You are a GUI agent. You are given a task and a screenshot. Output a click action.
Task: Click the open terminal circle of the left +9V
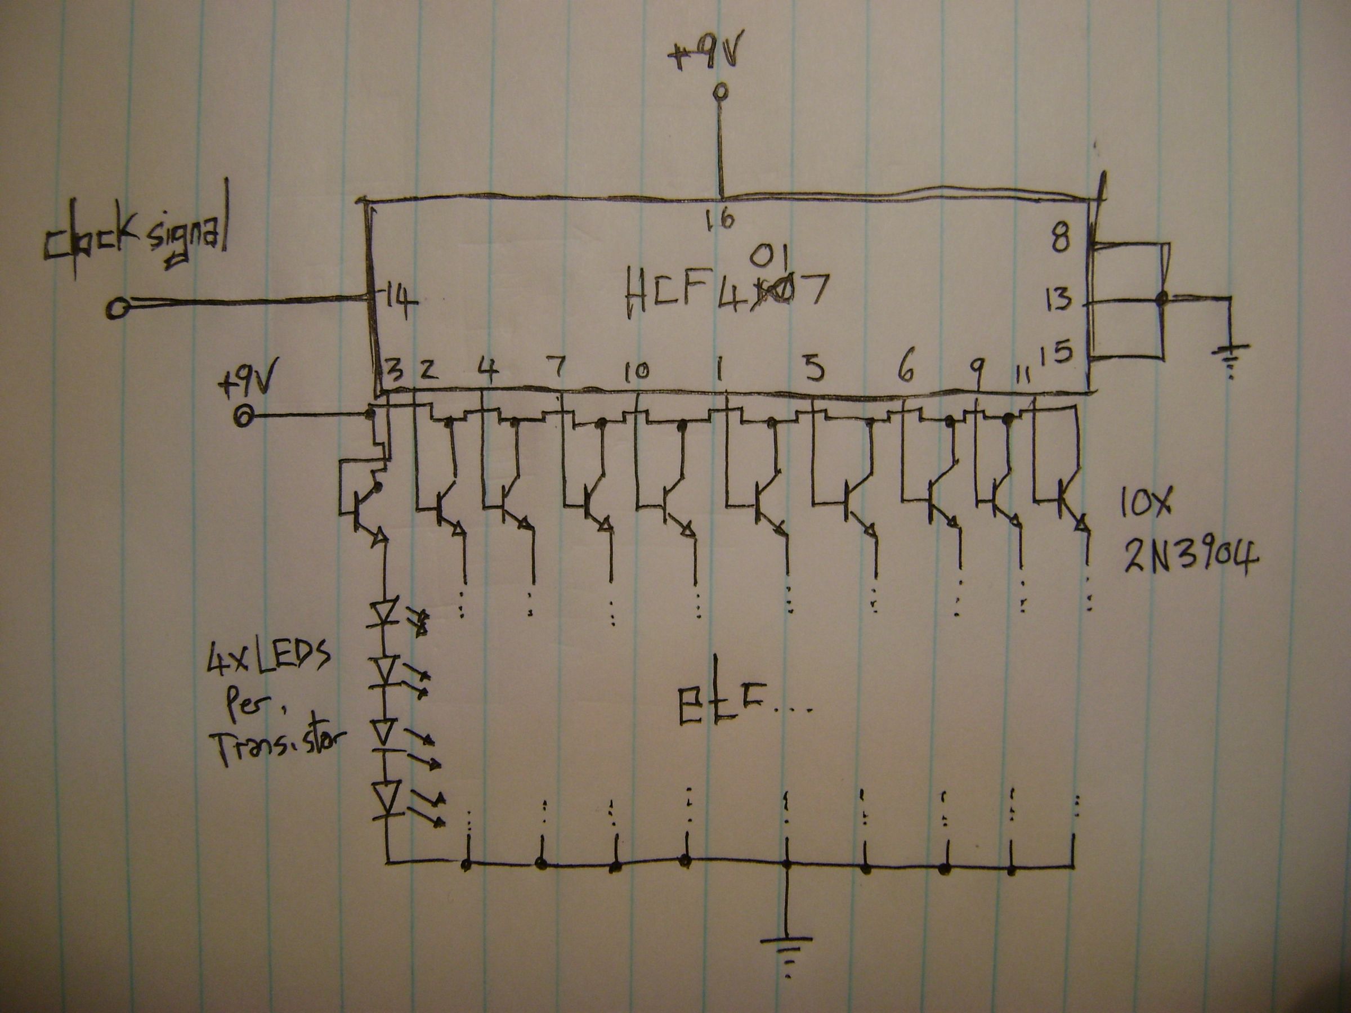click(243, 416)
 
